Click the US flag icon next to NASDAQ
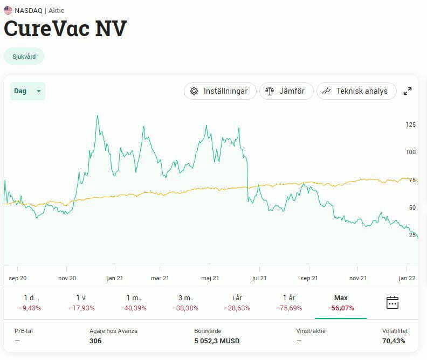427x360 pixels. pos(8,10)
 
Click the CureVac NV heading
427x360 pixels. pos(65,29)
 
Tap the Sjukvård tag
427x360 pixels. pos(24,57)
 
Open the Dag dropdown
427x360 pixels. pos(27,91)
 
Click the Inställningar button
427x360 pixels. pos(219,91)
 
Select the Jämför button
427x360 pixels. pos(286,91)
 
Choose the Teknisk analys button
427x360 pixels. pos(356,91)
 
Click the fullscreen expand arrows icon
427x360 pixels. pos(408,91)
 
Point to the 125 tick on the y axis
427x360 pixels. pos(411,125)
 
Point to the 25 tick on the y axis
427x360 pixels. pos(412,235)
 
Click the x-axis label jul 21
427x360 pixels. pos(259,278)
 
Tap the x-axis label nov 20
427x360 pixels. pos(67,278)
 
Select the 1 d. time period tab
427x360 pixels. pos(30,302)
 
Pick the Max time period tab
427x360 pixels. pos(341,302)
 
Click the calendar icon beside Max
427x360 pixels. pos(392,302)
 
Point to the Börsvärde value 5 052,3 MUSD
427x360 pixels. pos(217,341)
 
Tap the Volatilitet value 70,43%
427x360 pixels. pos(394,341)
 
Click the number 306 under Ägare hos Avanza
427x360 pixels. pos(95,341)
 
